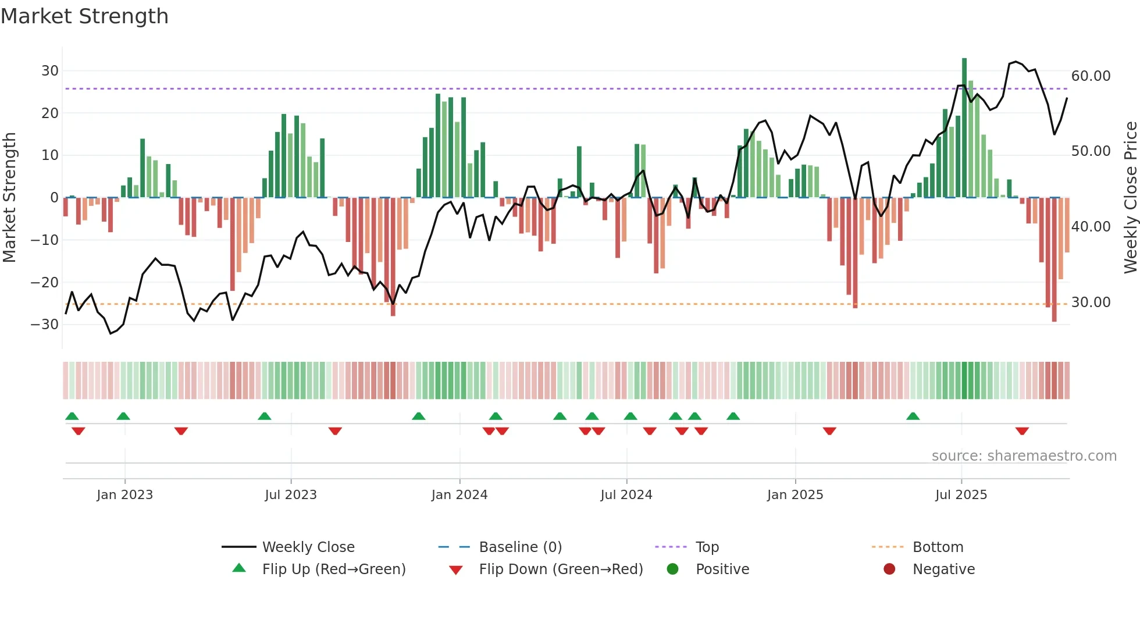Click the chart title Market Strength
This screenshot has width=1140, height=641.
(x=84, y=16)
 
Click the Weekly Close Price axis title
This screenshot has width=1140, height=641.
(x=1130, y=197)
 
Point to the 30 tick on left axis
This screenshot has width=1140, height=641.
(x=50, y=71)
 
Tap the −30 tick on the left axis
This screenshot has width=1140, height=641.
(x=45, y=325)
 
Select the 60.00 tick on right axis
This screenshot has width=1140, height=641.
(x=1091, y=76)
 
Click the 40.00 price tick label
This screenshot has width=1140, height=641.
(x=1091, y=227)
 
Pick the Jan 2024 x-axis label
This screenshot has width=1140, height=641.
(x=459, y=495)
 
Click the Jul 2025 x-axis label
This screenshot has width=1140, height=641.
(x=961, y=495)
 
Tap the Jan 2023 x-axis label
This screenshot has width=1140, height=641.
(x=124, y=495)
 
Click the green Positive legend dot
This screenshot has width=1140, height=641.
(x=673, y=569)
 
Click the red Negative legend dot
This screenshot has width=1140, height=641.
(x=889, y=569)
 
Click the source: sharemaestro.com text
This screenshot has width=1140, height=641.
(x=1024, y=456)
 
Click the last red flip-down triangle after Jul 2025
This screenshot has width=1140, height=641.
(x=1022, y=431)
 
